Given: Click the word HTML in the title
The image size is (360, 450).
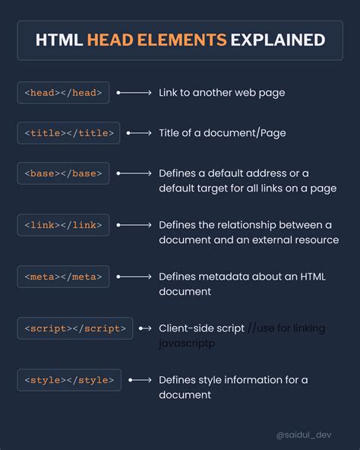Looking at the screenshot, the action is tap(59, 40).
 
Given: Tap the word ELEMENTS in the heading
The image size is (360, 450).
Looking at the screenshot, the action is tap(182, 40).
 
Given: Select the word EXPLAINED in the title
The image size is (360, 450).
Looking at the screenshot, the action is tap(278, 40).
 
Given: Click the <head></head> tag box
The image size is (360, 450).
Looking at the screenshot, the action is tap(63, 93).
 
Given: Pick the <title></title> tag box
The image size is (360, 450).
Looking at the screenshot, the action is tap(68, 133).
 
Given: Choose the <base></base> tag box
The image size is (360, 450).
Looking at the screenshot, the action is tap(63, 173).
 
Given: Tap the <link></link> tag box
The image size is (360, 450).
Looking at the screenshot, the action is tap(63, 225).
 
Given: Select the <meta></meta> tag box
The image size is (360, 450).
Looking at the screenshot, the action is tap(63, 277).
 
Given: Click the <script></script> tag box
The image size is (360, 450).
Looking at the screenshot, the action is tap(75, 328).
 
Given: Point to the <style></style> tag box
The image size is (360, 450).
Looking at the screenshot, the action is tap(69, 380).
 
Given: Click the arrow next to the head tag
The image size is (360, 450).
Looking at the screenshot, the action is tap(134, 93).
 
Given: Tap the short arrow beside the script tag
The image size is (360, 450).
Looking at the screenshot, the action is tap(145, 328).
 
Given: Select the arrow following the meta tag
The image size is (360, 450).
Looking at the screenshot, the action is tap(134, 277).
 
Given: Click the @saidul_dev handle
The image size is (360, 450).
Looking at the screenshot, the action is tap(304, 435).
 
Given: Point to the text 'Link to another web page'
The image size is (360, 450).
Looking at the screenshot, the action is tap(222, 93).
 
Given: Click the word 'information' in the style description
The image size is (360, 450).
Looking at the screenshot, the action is tap(253, 380).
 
